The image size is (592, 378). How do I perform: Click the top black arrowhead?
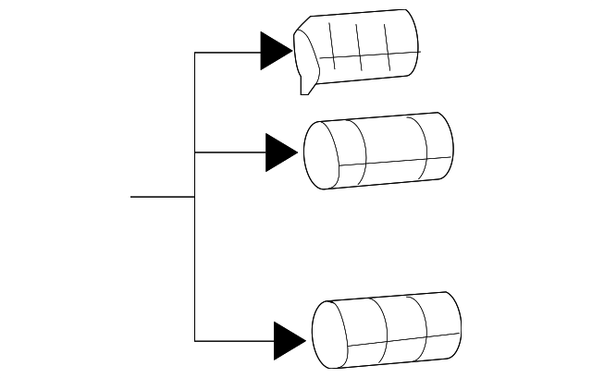coord(275,52)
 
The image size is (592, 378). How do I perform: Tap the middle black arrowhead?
coord(280,152)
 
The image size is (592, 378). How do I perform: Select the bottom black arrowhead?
coord(289,340)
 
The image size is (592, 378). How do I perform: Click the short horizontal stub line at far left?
coord(162,197)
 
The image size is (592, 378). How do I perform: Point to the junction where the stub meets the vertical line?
coord(195,197)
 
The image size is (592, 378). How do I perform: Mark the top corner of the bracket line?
coord(195,53)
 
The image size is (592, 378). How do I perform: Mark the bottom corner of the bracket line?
coord(195,340)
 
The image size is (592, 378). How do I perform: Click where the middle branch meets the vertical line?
coord(195,152)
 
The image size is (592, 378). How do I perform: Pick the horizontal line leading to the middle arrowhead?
coord(230,152)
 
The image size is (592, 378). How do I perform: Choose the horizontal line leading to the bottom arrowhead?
coord(235,340)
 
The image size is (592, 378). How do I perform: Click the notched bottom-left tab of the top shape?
coord(306,83)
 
